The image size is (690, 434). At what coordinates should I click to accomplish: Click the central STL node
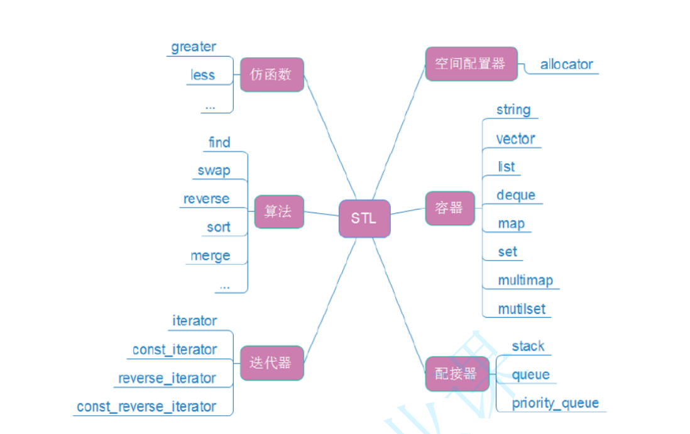click(x=364, y=219)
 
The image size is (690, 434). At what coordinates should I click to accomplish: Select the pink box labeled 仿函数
click(x=272, y=75)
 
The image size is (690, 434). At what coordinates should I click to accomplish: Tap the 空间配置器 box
click(x=471, y=64)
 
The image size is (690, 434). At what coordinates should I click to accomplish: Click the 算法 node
click(x=278, y=211)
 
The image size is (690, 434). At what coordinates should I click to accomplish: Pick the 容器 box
click(x=449, y=208)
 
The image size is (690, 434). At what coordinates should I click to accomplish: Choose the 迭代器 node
click(x=271, y=363)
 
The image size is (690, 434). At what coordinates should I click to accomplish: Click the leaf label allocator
click(x=566, y=64)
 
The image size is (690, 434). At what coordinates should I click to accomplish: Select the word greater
click(x=194, y=47)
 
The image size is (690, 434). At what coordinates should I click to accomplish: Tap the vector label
click(x=515, y=138)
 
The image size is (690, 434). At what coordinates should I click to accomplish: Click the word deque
click(x=515, y=195)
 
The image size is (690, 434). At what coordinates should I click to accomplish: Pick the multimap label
click(x=525, y=281)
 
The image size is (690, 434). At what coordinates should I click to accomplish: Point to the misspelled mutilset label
click(x=522, y=309)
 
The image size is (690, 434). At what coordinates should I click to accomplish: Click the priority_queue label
click(x=555, y=403)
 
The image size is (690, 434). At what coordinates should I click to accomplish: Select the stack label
click(x=528, y=346)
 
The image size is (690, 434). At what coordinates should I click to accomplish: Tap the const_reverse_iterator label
click(x=146, y=407)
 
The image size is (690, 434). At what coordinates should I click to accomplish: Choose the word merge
click(x=211, y=256)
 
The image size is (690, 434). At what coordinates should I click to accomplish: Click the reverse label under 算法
click(x=206, y=199)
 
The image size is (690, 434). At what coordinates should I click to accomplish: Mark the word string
click(x=513, y=109)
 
